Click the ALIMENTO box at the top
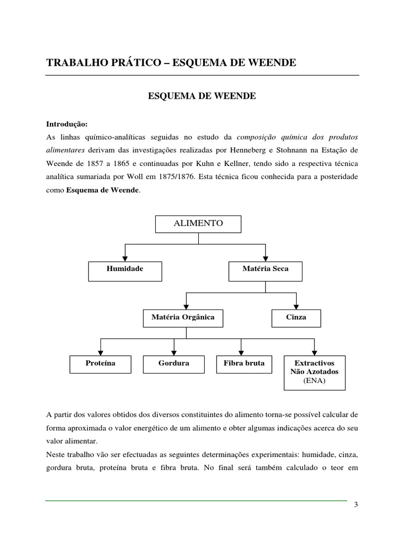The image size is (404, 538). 198,224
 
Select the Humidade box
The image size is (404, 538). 125,269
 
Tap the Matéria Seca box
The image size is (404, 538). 265,269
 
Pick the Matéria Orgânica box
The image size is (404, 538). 183,317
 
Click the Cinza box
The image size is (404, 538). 297,317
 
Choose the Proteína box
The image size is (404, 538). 100,364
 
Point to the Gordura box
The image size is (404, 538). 174,364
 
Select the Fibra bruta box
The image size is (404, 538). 240,364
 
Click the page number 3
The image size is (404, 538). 356,505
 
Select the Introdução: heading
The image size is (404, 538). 67,125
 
